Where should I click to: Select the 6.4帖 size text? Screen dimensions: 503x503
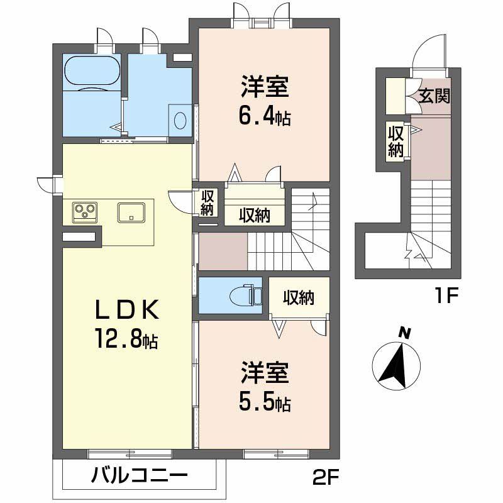click(x=265, y=118)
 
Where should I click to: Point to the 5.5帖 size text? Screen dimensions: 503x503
click(x=265, y=403)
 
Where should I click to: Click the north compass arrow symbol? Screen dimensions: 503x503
click(x=395, y=364)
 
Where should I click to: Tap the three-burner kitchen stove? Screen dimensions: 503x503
click(x=84, y=212)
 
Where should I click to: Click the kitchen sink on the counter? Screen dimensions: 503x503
click(x=131, y=212)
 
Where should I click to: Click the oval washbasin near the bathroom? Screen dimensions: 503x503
click(x=180, y=119)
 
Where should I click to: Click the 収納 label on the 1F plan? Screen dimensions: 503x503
click(x=395, y=141)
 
